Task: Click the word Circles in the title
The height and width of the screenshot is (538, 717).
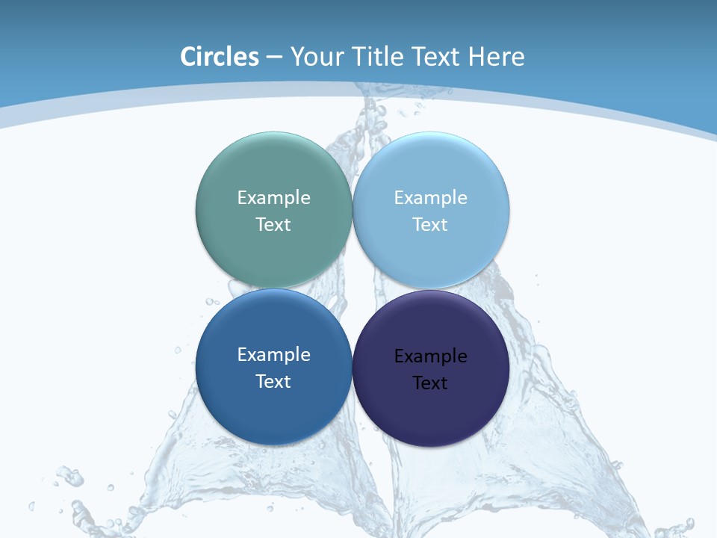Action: coord(220,57)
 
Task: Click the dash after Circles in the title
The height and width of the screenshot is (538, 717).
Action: coord(274,57)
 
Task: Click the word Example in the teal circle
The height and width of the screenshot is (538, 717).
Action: coord(273,198)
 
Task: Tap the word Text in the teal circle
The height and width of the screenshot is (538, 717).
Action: coord(273,225)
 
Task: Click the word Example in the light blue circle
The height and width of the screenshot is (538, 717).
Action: coord(430,198)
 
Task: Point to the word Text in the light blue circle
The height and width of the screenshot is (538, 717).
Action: coord(430,225)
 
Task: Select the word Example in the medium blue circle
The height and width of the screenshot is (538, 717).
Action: coord(273,355)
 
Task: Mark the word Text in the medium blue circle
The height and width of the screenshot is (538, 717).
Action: coord(273,382)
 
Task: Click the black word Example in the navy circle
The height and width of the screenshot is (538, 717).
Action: coord(430,356)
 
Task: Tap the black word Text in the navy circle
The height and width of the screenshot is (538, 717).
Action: coord(430,383)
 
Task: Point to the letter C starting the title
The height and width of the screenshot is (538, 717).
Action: coord(187,57)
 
